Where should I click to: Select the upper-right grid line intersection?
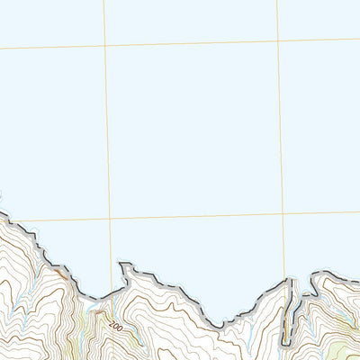pos(278,40)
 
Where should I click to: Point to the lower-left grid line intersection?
pos(110,219)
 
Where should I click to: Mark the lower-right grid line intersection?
pos(283,214)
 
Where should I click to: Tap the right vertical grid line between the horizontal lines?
pos(281,127)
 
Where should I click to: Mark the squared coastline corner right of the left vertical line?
pos(121,265)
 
